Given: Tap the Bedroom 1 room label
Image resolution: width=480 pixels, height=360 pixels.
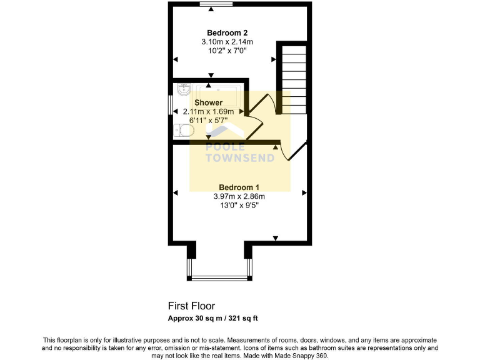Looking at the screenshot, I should pos(239,187).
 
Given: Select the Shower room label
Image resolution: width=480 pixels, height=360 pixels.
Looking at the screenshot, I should pos(208,102).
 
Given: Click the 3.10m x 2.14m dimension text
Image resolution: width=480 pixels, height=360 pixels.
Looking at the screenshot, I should pos(227,42).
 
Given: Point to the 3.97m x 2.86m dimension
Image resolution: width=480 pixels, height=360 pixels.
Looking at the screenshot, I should pos(239,196).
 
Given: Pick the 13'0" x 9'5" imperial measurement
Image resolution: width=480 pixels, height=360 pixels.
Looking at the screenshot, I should pos(239,205).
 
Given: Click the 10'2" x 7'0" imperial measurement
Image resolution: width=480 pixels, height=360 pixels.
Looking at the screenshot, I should pos(227,51).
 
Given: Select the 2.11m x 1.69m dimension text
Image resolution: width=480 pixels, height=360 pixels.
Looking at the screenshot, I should pos(208,112).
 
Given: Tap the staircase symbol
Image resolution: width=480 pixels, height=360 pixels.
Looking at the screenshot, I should pos(292,78).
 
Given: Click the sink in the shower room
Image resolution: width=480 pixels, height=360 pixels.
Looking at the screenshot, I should pos(182,89).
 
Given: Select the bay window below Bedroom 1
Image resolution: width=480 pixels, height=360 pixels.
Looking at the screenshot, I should pos(219,277).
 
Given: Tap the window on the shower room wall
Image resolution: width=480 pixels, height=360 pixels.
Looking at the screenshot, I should pos(170,104).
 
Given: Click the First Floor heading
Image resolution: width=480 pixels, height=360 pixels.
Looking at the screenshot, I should pos(191,306).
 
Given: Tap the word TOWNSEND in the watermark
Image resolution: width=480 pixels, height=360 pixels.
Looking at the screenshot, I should pos(241,158).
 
